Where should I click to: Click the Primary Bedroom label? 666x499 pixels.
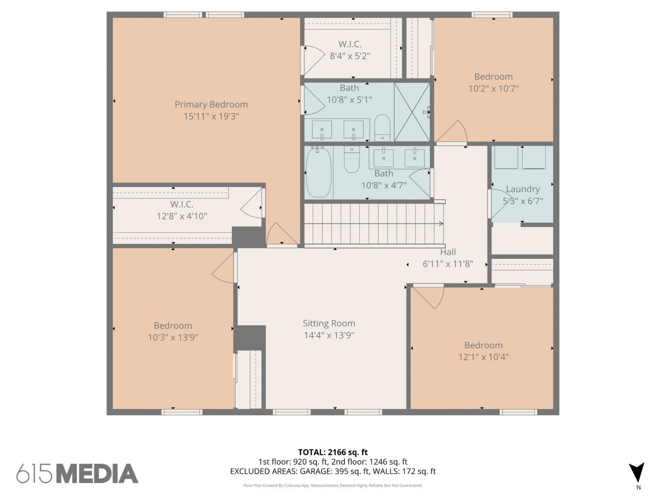(x=211, y=105)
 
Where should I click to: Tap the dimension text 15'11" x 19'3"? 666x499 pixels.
(x=211, y=116)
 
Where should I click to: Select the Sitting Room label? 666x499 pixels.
(x=329, y=324)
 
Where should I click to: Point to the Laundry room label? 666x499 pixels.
(x=523, y=189)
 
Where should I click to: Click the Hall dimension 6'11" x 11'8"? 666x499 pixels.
(x=448, y=264)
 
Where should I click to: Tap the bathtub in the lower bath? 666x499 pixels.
(x=318, y=172)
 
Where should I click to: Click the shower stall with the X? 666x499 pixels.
(x=412, y=112)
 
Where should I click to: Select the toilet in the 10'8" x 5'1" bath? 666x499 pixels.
(x=382, y=127)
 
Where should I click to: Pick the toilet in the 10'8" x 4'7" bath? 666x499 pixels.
(x=352, y=159)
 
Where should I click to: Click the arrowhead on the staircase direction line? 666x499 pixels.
(x=441, y=224)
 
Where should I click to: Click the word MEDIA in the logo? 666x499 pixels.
(x=98, y=474)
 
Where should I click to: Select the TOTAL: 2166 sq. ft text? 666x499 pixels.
(x=333, y=452)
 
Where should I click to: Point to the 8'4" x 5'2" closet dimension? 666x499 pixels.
(x=350, y=56)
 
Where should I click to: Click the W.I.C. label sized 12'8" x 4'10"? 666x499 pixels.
(x=182, y=204)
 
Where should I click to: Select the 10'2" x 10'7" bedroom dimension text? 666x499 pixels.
(x=493, y=88)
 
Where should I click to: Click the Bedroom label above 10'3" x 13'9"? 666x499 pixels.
(x=173, y=326)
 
